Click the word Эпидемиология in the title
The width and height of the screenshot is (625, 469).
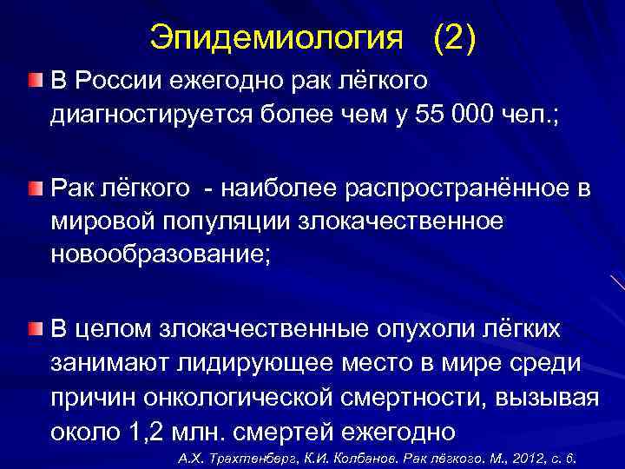(x=277, y=36)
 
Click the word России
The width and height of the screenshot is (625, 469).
(x=116, y=82)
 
